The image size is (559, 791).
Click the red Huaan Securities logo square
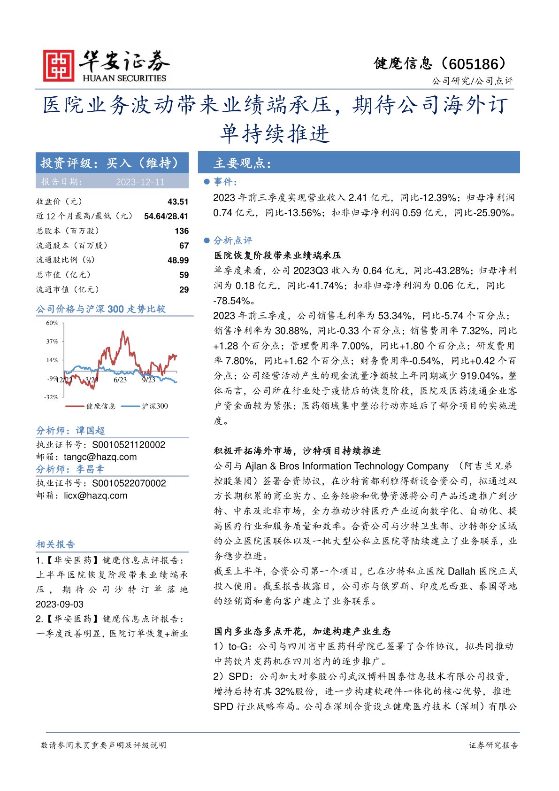(59, 66)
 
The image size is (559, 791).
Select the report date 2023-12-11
(140, 182)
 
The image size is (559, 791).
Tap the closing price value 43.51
(178, 202)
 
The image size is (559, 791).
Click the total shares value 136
(182, 231)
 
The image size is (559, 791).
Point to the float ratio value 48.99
(178, 260)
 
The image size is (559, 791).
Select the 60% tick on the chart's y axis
(52, 323)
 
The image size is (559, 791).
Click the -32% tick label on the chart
(51, 397)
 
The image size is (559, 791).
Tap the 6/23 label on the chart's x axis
(120, 380)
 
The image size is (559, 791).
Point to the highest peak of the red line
(123, 332)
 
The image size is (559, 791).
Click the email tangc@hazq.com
(100, 457)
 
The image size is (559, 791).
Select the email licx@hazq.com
(96, 496)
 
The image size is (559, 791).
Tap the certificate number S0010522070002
(129, 483)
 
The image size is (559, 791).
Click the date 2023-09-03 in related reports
(60, 605)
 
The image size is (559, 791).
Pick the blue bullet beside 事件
(207, 182)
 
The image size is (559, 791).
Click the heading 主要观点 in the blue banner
(243, 163)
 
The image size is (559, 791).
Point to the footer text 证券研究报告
(493, 745)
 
